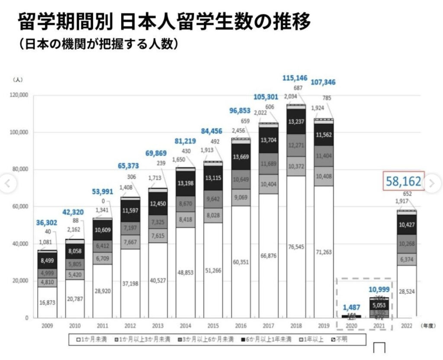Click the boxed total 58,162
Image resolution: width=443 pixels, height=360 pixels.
pyautogui.click(x=404, y=182)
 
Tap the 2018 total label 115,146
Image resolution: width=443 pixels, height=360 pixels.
pyautogui.click(x=295, y=78)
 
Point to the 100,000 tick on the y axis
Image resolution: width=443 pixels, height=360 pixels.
pyautogui.click(x=19, y=132)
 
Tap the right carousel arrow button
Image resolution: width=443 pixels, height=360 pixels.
pyautogui.click(x=431, y=184)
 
